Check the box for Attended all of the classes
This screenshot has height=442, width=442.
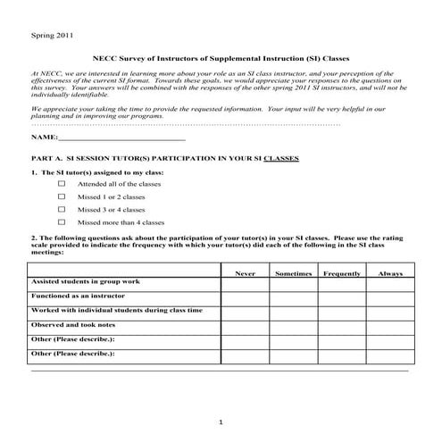tap(62, 182)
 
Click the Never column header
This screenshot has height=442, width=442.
tap(245, 272)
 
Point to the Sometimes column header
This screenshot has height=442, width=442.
tap(292, 272)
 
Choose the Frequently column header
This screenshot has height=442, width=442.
tap(341, 272)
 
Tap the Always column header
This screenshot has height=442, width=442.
tap(390, 272)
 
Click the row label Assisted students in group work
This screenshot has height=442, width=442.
tap(86, 281)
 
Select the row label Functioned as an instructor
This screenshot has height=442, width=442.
tap(80, 296)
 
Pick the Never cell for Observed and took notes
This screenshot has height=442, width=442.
tap(245, 326)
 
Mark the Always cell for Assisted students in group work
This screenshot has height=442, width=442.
tap(390, 283)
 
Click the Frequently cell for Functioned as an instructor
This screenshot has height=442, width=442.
tap(341, 297)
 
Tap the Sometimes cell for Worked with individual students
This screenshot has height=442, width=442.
tap(292, 312)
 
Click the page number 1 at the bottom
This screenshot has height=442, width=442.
tap(221, 421)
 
